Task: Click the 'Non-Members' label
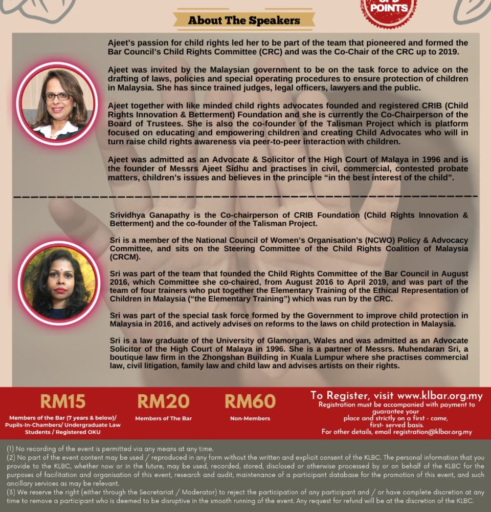[x=250, y=418]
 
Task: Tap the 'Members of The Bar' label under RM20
[x=163, y=418]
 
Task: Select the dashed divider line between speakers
[x=245, y=196]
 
